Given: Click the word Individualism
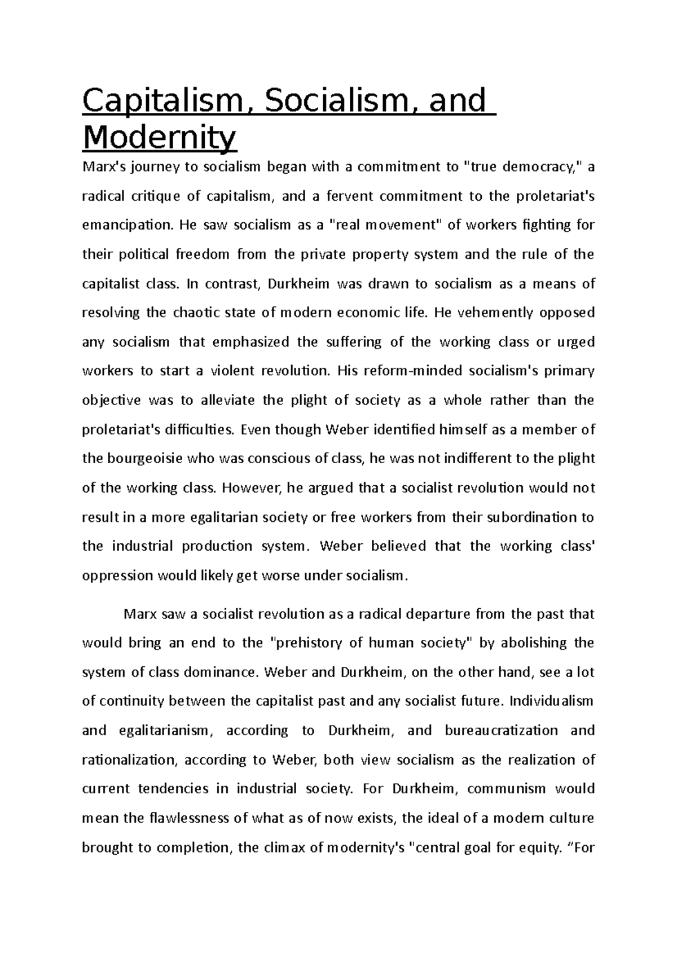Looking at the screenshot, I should [551, 702].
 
